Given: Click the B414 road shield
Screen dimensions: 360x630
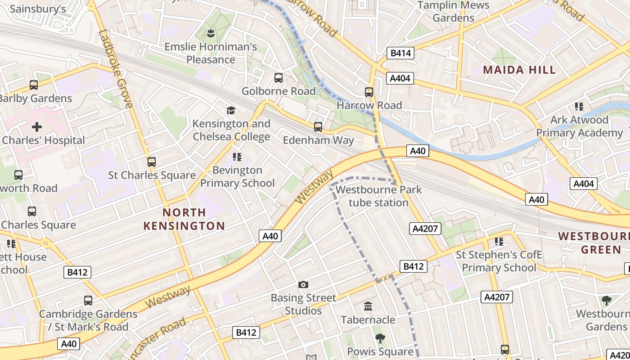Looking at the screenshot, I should tap(400, 53).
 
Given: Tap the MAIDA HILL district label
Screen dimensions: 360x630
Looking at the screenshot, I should tap(519, 70).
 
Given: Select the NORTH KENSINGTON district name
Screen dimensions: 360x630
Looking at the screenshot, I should tap(184, 219).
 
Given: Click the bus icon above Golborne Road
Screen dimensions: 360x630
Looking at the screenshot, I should tap(279, 78).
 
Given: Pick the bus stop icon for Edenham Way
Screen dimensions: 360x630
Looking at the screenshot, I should tap(318, 127).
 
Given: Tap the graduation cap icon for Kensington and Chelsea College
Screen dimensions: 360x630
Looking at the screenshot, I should tap(231, 110).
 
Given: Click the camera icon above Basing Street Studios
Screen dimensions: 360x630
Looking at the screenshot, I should tap(303, 284).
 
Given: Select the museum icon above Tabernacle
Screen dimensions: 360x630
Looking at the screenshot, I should tap(368, 306).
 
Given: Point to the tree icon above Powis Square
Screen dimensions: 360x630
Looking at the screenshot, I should tap(380, 338).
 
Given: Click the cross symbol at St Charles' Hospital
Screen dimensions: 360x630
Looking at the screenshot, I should tap(37, 127).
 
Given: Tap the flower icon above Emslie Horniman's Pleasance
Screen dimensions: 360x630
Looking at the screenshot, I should tap(210, 33).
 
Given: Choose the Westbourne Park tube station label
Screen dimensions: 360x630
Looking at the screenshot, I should tap(378, 196).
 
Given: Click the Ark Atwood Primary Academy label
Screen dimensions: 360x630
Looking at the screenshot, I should tap(579, 126).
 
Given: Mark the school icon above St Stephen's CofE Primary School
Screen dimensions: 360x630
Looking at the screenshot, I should tap(499, 242).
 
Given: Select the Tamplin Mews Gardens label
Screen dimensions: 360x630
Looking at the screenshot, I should tap(453, 12).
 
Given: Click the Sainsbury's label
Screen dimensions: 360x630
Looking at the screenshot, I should tap(38, 9).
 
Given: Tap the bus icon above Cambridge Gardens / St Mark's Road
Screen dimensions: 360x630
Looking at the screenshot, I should tap(88, 300).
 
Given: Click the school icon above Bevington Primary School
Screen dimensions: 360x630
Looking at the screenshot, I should tap(237, 157).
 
